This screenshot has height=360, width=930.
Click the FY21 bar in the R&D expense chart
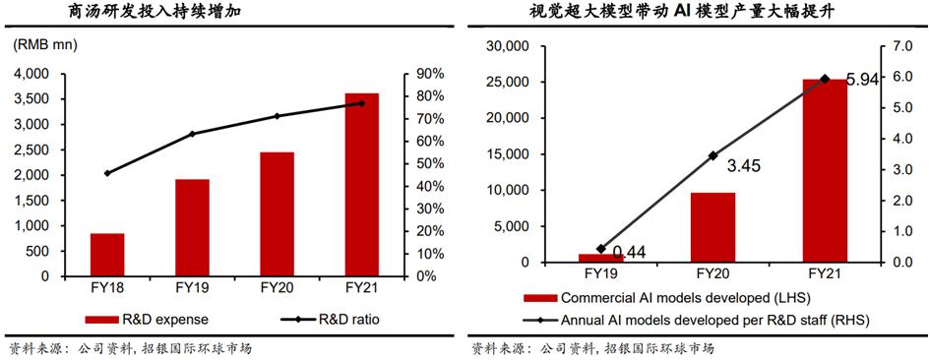click(x=362, y=185)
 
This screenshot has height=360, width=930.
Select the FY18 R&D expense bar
click(x=107, y=255)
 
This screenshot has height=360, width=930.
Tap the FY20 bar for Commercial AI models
click(x=713, y=227)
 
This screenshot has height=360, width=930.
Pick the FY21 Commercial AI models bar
click(x=824, y=170)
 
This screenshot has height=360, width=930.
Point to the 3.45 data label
click(x=745, y=166)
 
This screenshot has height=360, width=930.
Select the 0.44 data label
click(x=629, y=253)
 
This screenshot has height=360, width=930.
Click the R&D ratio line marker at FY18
click(x=107, y=173)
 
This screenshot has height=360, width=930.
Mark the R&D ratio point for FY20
click(x=277, y=116)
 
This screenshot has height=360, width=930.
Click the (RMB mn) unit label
click(x=46, y=45)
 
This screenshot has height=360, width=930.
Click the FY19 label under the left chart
click(x=192, y=289)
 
